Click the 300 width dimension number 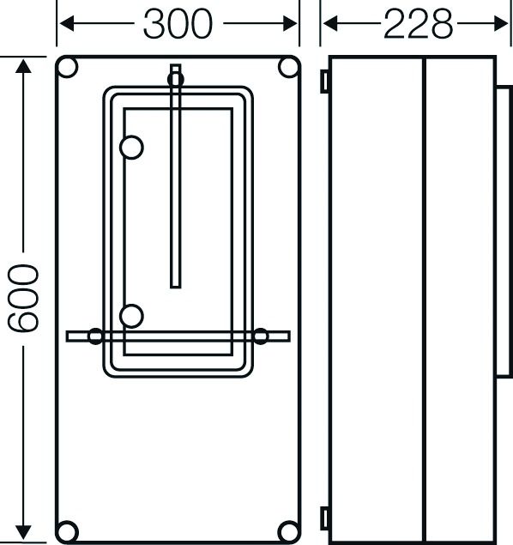tap(178, 24)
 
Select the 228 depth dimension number tap(418, 24)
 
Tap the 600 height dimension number tap(23, 298)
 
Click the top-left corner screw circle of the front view tap(69, 68)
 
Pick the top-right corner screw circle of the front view tap(289, 68)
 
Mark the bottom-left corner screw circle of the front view tap(69, 530)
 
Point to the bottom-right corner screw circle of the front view tap(289, 530)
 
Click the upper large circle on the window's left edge tap(131, 148)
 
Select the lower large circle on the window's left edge tap(131, 317)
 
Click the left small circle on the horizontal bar tap(96, 336)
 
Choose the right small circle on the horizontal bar tap(260, 336)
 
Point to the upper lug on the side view tap(325, 81)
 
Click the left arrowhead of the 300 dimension tap(65, 24)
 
